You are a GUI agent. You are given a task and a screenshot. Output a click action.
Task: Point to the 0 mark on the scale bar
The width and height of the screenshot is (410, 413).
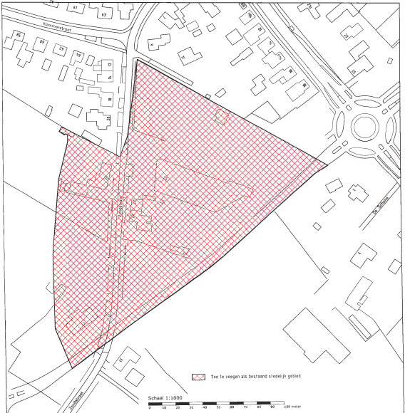click(x=150, y=408)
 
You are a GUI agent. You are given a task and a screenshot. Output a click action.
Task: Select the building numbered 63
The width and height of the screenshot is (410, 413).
click(x=103, y=13)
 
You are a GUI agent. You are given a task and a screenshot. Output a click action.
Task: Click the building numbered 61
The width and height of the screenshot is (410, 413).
click(x=78, y=9)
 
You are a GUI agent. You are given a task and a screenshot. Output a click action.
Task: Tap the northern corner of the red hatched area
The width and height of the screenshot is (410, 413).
click(x=137, y=61)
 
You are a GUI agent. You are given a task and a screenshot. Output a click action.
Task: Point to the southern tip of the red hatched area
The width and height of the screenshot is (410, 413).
click(x=71, y=368)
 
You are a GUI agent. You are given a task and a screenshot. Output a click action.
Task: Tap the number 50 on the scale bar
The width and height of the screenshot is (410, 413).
click(x=217, y=408)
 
